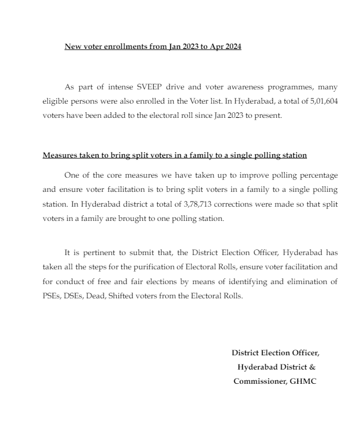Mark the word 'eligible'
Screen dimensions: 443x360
click(x=55, y=101)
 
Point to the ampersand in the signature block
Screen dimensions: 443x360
click(x=312, y=367)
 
